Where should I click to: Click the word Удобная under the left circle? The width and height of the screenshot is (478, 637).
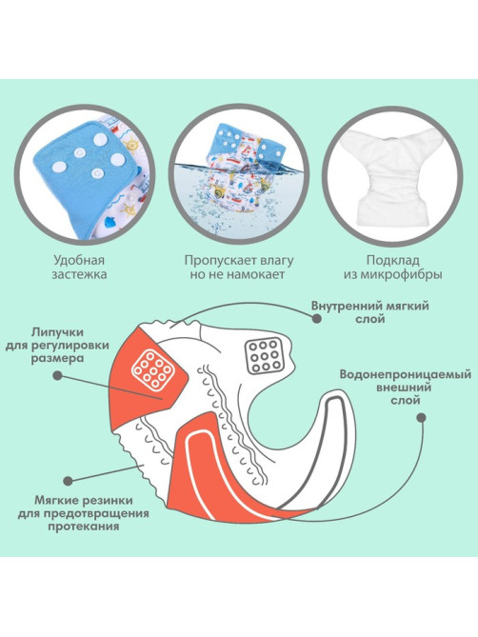coord(79,260)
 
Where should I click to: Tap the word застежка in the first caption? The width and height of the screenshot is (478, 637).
coord(79,274)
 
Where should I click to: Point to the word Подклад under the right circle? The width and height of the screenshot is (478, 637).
coord(392,260)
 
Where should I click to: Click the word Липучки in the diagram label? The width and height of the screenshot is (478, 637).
coord(57,332)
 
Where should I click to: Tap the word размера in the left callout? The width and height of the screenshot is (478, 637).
coord(57,359)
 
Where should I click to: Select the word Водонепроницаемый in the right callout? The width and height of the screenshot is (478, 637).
coord(406,374)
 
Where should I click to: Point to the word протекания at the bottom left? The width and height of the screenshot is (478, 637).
coord(83,527)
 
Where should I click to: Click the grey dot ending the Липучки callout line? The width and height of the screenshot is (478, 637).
coord(58,375)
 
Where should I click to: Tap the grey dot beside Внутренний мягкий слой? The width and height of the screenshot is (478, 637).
coord(317,319)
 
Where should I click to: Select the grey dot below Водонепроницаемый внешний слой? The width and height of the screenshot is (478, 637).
coord(422,418)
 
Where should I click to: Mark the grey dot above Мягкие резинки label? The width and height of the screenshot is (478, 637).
coord(69,481)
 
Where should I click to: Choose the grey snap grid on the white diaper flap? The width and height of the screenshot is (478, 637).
coord(264,355)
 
